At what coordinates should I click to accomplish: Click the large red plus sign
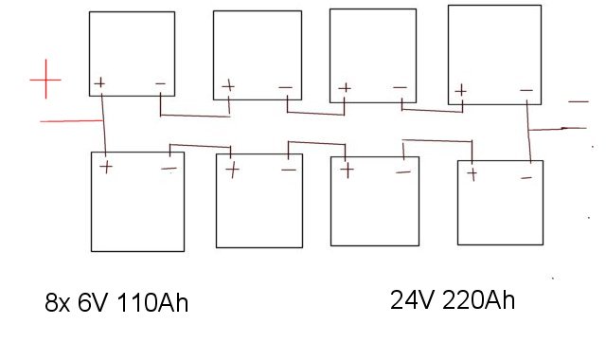click(x=45, y=80)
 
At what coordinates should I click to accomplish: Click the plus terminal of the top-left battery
click(x=99, y=82)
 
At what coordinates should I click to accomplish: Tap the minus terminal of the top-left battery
click(x=160, y=83)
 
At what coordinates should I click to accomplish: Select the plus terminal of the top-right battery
click(x=460, y=91)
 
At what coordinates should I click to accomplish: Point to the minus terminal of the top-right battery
click(x=526, y=90)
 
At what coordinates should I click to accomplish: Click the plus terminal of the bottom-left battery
click(x=106, y=167)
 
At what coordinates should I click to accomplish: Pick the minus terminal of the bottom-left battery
click(x=169, y=169)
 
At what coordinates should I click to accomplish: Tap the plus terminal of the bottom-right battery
click(x=472, y=173)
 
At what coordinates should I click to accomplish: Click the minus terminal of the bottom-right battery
click(x=526, y=178)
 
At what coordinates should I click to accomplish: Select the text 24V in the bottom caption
click(x=413, y=300)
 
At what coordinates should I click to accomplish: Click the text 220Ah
click(x=478, y=300)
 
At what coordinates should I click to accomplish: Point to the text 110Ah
click(x=151, y=302)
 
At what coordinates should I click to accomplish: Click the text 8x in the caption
click(x=57, y=302)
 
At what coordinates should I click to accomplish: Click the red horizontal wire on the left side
click(x=71, y=121)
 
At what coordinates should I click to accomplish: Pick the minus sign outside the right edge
click(x=579, y=101)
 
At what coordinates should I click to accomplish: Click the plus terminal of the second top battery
click(x=228, y=86)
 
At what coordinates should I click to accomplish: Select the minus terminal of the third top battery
click(x=400, y=87)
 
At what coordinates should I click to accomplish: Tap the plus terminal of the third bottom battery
click(x=347, y=171)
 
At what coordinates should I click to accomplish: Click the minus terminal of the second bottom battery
click(x=289, y=170)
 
